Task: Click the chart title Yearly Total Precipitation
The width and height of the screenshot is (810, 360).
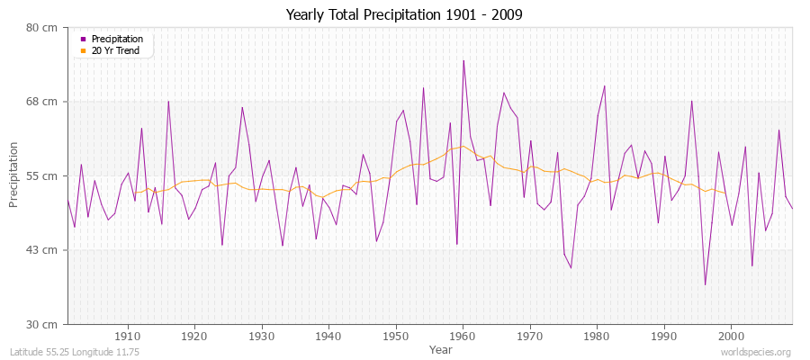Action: pos(404,14)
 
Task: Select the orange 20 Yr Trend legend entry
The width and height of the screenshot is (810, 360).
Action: pos(115,50)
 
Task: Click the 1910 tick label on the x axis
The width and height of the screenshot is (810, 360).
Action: pos(128,335)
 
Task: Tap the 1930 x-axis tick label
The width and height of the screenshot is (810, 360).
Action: pos(262,335)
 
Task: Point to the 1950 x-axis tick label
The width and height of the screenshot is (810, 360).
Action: pos(396,335)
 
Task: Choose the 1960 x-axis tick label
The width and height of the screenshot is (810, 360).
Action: pos(463,335)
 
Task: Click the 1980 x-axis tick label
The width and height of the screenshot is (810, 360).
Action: pos(597,335)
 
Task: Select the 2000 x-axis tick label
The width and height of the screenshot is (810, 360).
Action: pos(731,335)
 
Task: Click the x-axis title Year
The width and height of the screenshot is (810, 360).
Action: pos(441,348)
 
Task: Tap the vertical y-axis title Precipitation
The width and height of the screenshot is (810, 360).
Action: pos(13,175)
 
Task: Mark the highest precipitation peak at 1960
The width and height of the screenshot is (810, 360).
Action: pos(463,61)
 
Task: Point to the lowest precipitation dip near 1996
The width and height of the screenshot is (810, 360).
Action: pos(705,284)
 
